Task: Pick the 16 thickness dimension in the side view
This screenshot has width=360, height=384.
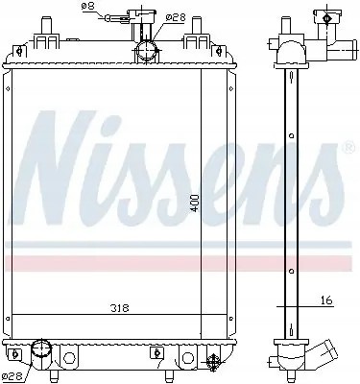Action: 325,301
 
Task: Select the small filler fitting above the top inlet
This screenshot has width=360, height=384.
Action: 146,18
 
